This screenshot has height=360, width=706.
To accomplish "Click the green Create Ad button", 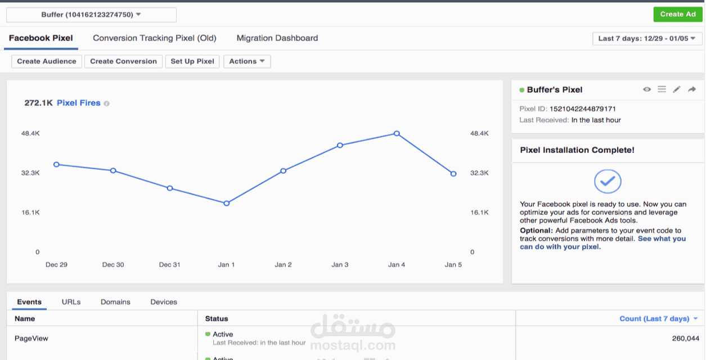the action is (678, 15).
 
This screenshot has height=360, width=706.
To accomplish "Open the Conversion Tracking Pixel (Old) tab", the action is (155, 38).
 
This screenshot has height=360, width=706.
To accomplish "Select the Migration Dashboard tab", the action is (277, 38).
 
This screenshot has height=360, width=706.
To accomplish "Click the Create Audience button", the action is (47, 61).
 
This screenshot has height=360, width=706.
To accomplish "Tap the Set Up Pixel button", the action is (192, 61).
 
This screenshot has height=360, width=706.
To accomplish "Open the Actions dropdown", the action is (247, 61).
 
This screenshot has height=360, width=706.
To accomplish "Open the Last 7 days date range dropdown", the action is (647, 39).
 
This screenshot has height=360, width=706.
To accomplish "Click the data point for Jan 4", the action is (397, 134).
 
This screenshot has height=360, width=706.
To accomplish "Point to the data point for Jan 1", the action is (227, 203).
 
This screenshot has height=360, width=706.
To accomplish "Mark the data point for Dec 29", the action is (56, 165).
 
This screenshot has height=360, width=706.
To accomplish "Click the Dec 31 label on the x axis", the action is (169, 265).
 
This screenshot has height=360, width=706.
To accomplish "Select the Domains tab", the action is (115, 302).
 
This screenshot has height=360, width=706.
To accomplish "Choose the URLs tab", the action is (71, 302).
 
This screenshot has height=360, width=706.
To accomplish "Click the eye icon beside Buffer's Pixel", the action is (647, 89).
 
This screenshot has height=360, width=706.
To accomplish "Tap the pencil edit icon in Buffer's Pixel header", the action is (676, 89).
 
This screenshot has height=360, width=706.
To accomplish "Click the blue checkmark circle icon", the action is (608, 182).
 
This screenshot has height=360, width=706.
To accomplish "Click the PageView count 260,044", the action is (686, 339).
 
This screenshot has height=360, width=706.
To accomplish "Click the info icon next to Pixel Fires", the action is (106, 103).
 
